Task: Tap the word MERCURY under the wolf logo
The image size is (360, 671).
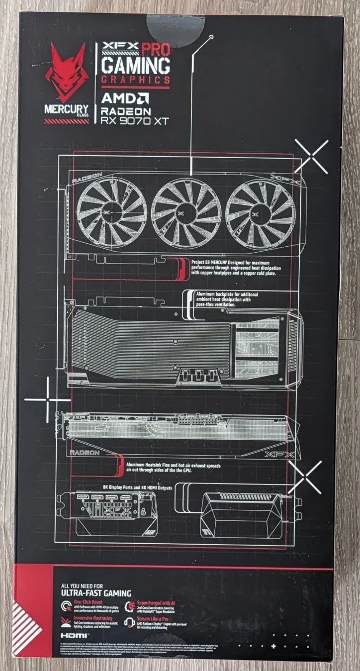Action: tap(65, 108)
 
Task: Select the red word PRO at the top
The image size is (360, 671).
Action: tap(156, 49)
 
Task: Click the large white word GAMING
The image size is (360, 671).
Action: tap(136, 66)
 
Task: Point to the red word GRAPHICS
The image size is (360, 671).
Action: tap(136, 80)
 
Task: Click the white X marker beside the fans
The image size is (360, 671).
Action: tap(312, 156)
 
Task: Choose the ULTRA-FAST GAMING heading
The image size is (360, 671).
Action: tap(95, 593)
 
